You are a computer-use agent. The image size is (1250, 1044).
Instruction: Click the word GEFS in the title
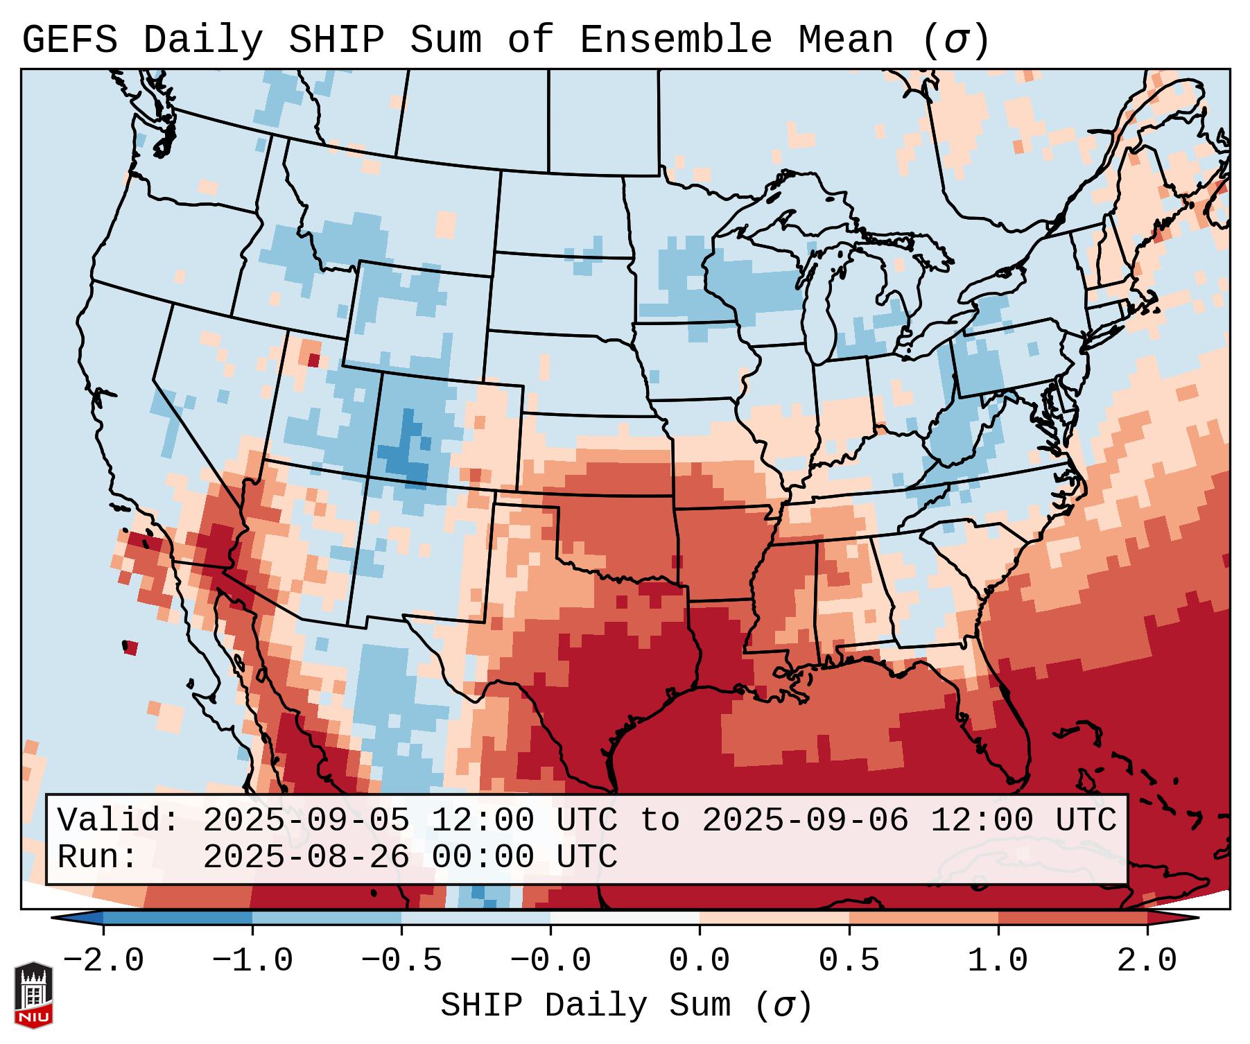(69, 40)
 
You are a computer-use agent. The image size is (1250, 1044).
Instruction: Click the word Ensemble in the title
(675, 40)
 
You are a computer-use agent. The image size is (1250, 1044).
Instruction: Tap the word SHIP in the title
(336, 40)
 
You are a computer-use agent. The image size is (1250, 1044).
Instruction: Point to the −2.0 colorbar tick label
(103, 961)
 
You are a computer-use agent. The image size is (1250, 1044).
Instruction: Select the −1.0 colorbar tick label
(252, 961)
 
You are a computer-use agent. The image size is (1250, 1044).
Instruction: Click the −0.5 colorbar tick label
(402, 961)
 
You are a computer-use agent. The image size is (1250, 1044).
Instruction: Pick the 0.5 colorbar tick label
(849, 961)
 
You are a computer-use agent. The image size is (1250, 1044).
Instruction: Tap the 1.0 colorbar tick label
(998, 961)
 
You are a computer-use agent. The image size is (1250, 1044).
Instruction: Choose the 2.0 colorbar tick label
(1147, 961)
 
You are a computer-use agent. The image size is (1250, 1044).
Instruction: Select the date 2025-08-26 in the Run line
(306, 857)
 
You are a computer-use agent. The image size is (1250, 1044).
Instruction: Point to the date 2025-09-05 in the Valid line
(306, 820)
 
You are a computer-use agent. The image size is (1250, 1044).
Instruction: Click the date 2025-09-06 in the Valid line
(805, 820)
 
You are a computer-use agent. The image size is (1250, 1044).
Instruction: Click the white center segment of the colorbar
(625, 918)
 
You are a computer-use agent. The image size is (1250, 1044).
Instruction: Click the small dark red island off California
(130, 648)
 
